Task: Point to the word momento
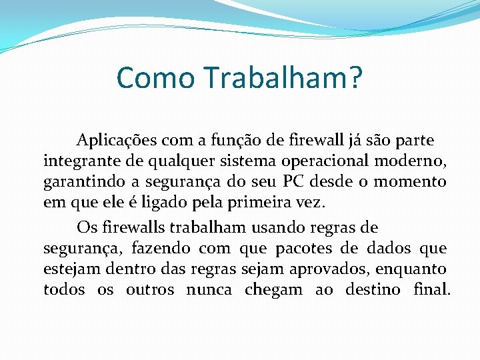[x=410, y=181]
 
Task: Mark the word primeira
[x=255, y=201]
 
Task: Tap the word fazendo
[x=160, y=249]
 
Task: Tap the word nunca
[x=209, y=290]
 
